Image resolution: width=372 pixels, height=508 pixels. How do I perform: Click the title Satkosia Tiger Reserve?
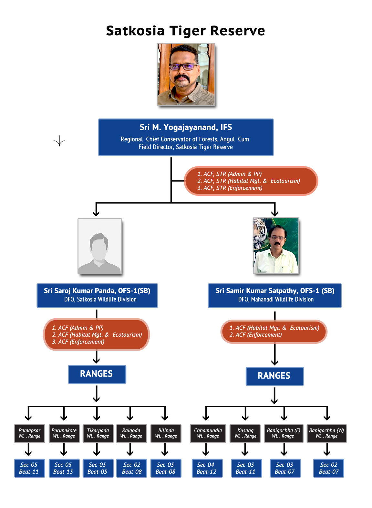[186, 31]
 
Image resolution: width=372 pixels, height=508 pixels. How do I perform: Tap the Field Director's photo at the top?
[186, 74]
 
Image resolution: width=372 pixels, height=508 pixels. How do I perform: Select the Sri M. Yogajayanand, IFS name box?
[186, 137]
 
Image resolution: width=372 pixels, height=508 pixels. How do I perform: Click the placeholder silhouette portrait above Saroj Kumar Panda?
[100, 246]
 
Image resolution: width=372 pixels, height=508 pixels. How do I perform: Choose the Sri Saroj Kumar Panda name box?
[97, 295]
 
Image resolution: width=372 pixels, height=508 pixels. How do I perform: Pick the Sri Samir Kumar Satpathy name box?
[274, 295]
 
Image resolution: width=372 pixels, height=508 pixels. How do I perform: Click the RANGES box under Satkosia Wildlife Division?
[97, 374]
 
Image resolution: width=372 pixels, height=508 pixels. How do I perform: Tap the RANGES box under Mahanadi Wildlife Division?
[274, 376]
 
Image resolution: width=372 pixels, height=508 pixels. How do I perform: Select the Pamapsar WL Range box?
[29, 433]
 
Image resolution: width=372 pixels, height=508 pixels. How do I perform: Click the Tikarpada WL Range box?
[98, 433]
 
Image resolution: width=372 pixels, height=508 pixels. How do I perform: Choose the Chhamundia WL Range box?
[208, 433]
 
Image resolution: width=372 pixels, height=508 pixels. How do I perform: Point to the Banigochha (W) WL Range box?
[326, 433]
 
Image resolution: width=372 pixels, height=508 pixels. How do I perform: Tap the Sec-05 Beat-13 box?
[63, 468]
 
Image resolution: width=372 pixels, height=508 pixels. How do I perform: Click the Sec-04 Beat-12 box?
[207, 468]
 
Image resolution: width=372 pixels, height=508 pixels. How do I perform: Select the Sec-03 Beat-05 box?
[98, 468]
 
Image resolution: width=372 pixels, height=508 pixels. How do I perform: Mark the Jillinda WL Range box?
[166, 433]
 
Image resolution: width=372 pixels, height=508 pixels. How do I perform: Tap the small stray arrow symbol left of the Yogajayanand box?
[59, 142]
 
